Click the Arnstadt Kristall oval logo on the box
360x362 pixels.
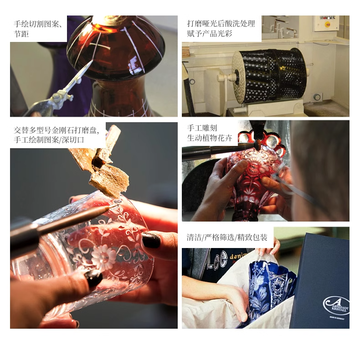tap(336, 305)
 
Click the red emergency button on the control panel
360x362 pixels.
tap(327, 25)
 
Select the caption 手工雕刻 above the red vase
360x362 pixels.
tap(202, 128)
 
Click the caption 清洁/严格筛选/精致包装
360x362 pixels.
tap(227, 238)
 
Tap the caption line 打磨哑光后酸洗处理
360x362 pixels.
tap(221, 24)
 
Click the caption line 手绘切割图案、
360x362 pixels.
tap(38, 24)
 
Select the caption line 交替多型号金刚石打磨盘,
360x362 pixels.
tap(57, 130)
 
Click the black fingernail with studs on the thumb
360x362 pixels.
tap(94, 278)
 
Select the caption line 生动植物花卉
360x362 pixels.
tap(210, 138)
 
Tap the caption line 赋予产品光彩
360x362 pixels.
tap(210, 34)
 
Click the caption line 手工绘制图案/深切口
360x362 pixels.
tap(49, 140)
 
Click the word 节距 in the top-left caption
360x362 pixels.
tap(21, 34)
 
